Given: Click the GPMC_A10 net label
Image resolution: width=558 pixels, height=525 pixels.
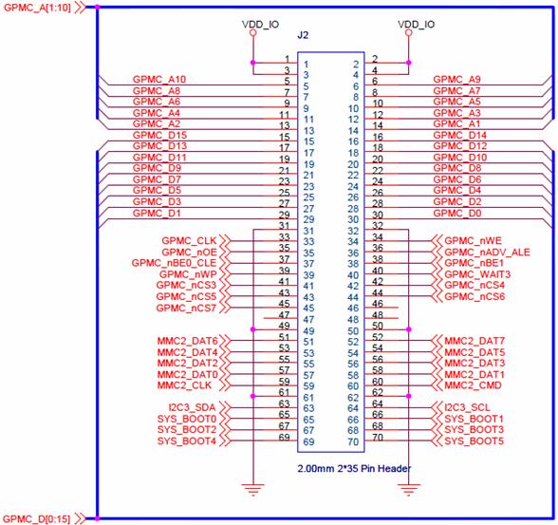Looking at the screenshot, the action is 159,79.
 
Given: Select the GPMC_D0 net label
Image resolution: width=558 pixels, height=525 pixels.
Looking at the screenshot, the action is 457,214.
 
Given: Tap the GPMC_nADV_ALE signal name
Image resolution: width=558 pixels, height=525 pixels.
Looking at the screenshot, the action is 487,253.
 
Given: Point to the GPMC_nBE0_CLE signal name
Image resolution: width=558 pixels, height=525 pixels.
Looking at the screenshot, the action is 174,263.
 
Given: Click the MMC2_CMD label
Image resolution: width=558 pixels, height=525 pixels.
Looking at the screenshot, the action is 473,385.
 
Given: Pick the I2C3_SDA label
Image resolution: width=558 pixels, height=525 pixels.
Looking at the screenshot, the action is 192,407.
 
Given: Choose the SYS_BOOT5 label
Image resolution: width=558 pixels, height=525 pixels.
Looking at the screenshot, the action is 474,441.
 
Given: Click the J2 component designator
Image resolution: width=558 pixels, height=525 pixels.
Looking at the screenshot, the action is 303,35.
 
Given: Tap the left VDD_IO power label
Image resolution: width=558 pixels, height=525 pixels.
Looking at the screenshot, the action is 260,24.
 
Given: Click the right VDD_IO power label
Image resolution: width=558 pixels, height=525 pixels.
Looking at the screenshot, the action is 416,24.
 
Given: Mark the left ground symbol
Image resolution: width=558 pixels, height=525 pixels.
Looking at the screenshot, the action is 253,490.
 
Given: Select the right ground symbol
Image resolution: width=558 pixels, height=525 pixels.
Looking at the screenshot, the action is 408,490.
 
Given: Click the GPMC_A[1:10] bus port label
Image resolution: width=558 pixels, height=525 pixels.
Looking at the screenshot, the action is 37,8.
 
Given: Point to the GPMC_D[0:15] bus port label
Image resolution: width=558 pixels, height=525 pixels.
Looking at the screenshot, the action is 37,519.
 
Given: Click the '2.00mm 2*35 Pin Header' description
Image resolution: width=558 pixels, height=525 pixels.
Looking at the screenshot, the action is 354,468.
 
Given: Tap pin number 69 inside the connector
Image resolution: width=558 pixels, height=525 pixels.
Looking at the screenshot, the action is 308,441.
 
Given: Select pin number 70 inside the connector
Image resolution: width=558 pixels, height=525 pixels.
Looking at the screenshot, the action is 353,441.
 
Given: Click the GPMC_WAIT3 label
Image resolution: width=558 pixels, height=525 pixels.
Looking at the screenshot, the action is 477,274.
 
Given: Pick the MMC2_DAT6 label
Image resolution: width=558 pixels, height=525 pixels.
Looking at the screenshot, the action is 187,341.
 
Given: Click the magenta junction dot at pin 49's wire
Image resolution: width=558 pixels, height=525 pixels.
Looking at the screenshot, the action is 253,329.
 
